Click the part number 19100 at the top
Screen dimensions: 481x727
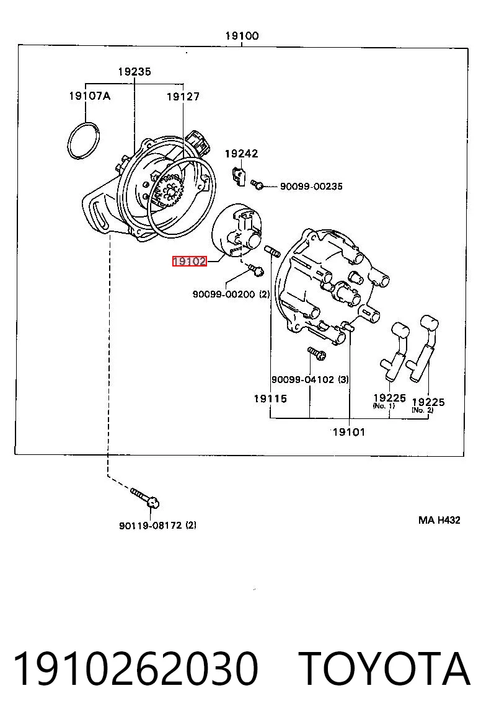(242, 36)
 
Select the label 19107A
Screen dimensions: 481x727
(89, 96)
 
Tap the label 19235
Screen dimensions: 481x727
(134, 71)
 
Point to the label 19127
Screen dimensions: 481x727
(183, 97)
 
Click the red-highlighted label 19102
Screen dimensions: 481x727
(189, 262)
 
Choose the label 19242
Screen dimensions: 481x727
(241, 154)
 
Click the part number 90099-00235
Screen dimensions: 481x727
(311, 187)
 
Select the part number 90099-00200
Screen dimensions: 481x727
(224, 294)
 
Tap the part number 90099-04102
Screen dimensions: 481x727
(302, 379)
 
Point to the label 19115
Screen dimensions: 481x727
(270, 399)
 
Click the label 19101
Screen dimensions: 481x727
(349, 432)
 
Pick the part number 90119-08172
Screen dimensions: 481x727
(151, 526)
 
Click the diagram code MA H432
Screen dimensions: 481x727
(439, 520)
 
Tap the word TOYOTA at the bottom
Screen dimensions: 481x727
(384, 669)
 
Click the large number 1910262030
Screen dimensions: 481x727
(136, 669)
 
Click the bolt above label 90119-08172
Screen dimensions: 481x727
(146, 498)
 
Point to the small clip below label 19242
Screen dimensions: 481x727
(238, 175)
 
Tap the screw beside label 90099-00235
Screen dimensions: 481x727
(257, 184)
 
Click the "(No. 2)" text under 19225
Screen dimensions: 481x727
(422, 410)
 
